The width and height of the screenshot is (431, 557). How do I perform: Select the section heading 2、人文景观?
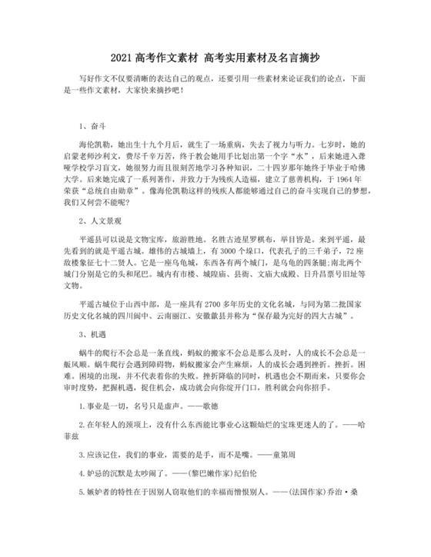click(x=99, y=220)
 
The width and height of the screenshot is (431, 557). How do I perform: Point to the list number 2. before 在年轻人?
click(x=82, y=423)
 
